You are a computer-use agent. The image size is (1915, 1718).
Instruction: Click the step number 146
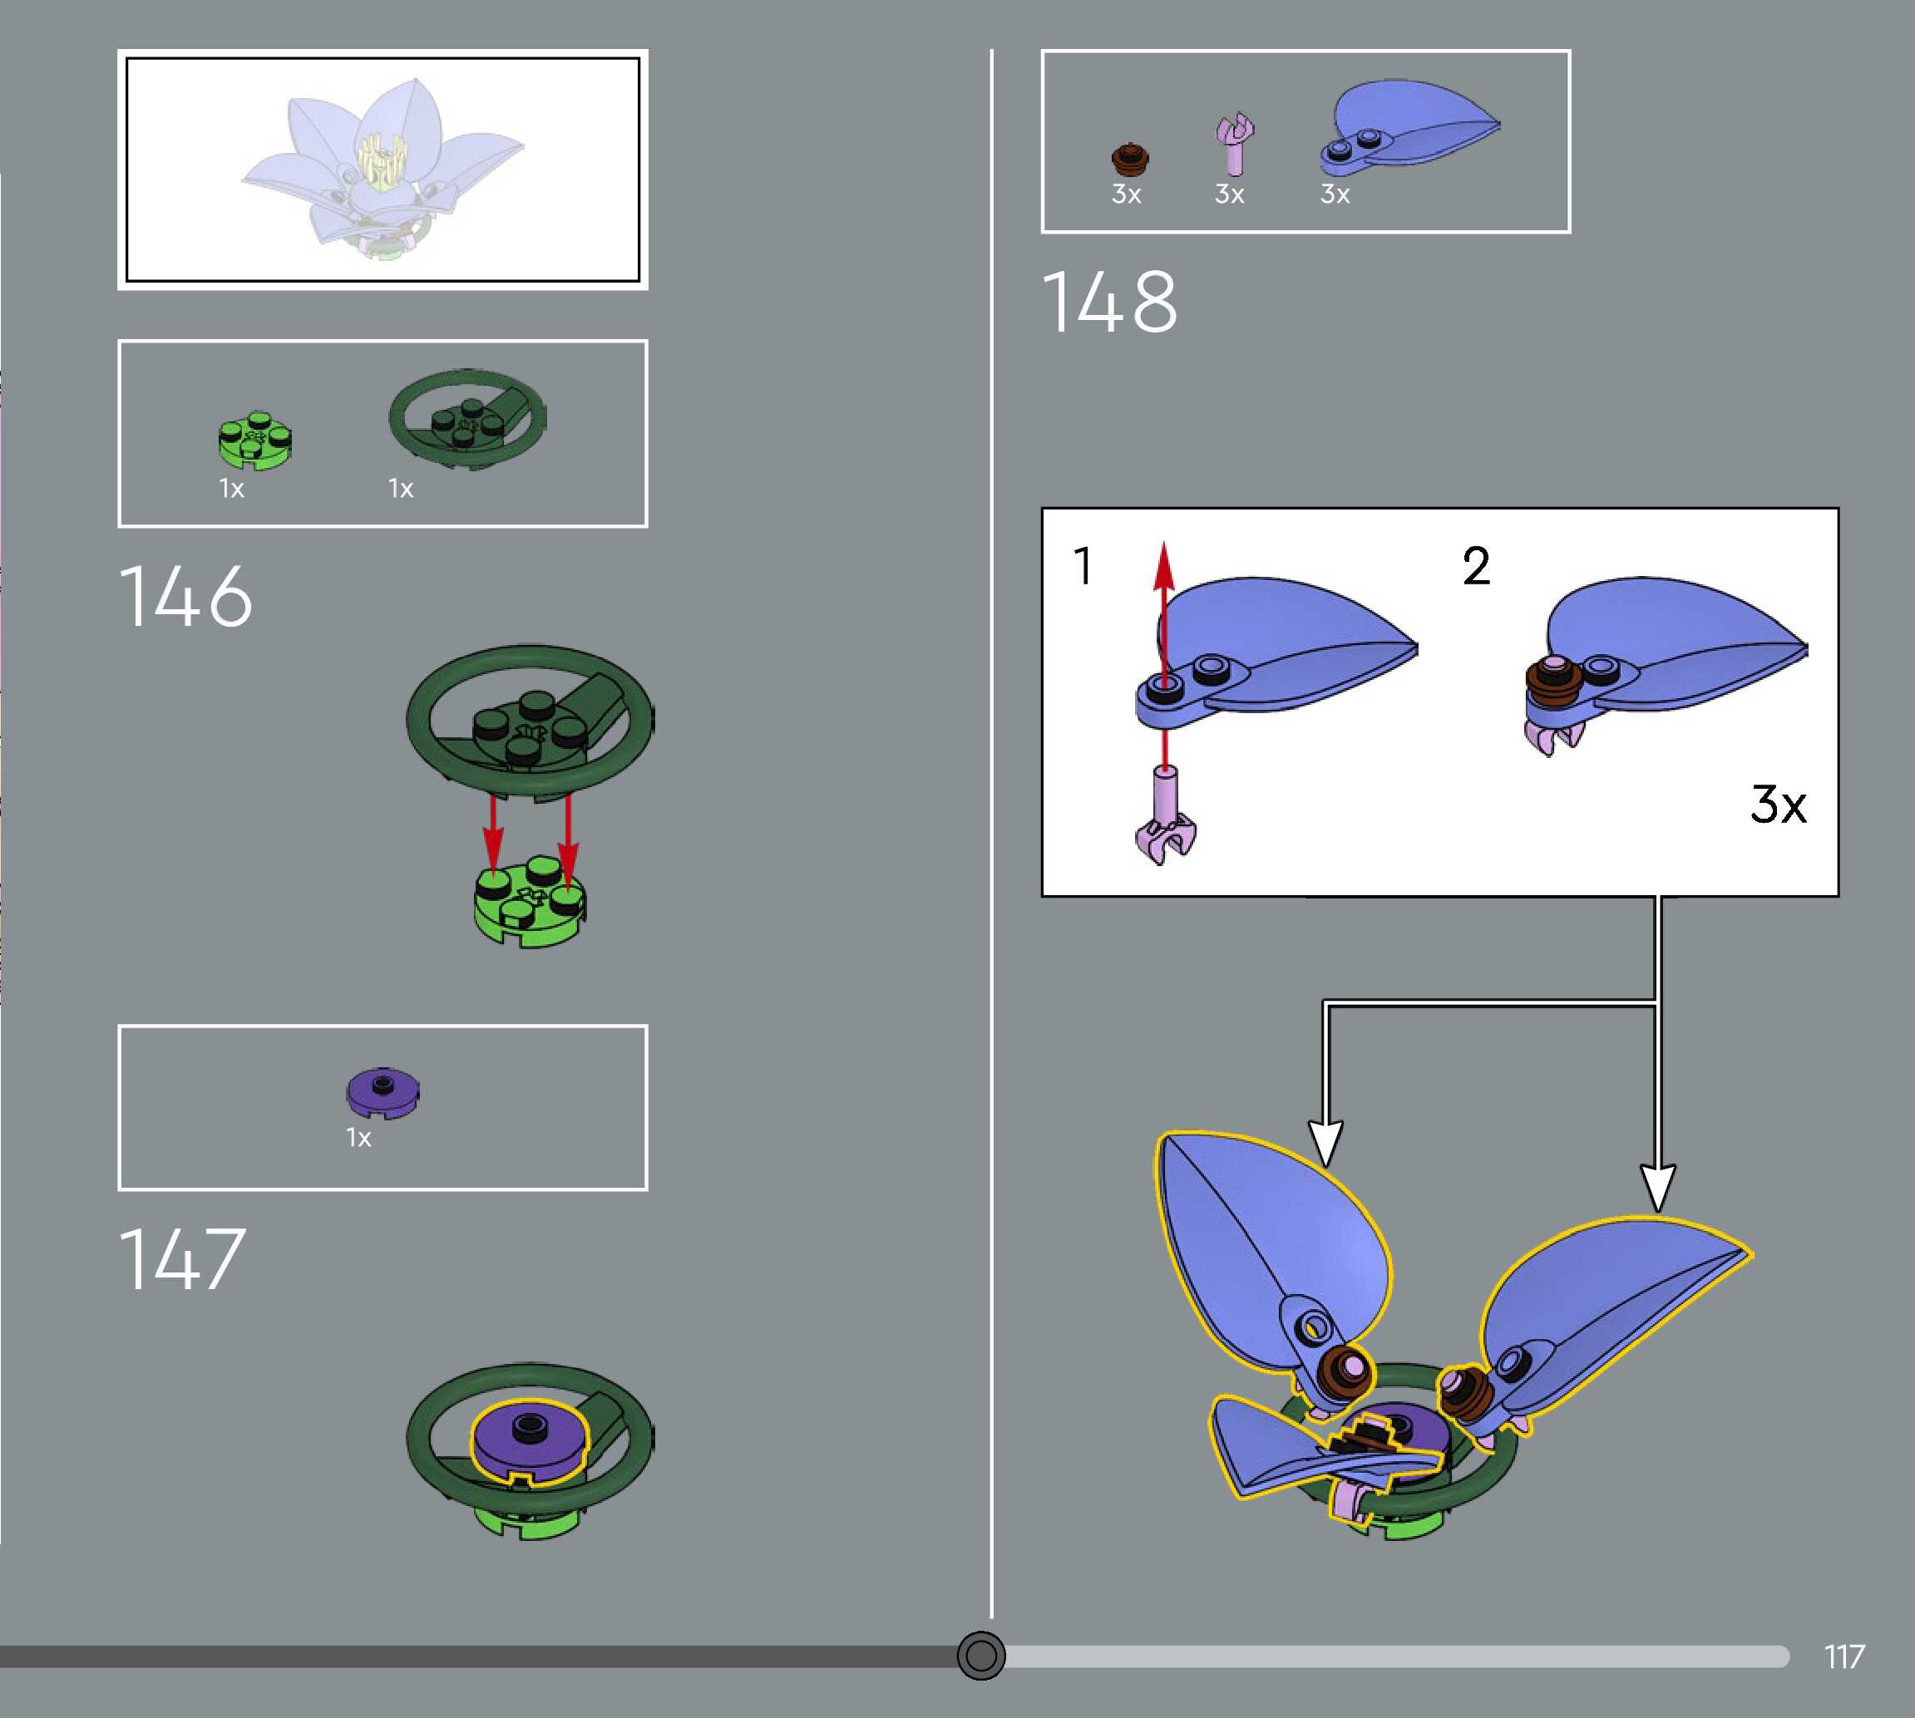click(186, 597)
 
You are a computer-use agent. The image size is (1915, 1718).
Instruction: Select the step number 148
click(1109, 302)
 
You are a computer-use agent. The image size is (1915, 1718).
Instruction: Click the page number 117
click(1843, 1656)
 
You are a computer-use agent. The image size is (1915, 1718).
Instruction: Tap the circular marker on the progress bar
click(981, 1656)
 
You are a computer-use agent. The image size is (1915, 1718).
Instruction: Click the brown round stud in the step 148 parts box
click(1128, 159)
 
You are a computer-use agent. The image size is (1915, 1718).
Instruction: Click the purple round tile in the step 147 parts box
click(383, 1092)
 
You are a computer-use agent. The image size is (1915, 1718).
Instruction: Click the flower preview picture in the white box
click(383, 170)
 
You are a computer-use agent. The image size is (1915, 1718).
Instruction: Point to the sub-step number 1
click(1083, 566)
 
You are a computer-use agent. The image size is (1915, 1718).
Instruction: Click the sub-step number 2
click(1476, 566)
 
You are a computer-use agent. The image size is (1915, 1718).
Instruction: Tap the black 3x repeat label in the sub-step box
click(1778, 805)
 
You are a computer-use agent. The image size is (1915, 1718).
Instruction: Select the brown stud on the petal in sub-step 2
click(1555, 679)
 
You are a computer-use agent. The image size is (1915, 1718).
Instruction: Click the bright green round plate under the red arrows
click(529, 902)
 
